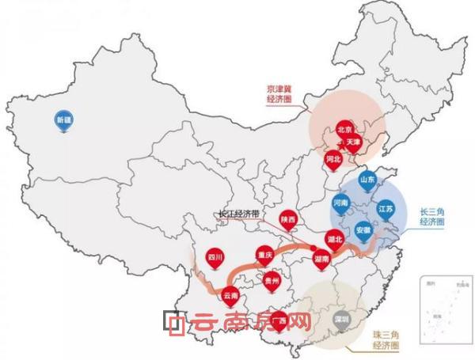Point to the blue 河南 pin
pos(341,203)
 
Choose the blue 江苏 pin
pos(386,209)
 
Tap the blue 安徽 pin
pos(363,230)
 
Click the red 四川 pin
pos(213,258)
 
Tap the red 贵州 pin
pos(272,280)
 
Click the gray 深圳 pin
pos(340,320)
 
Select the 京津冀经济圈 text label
pos(283,96)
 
